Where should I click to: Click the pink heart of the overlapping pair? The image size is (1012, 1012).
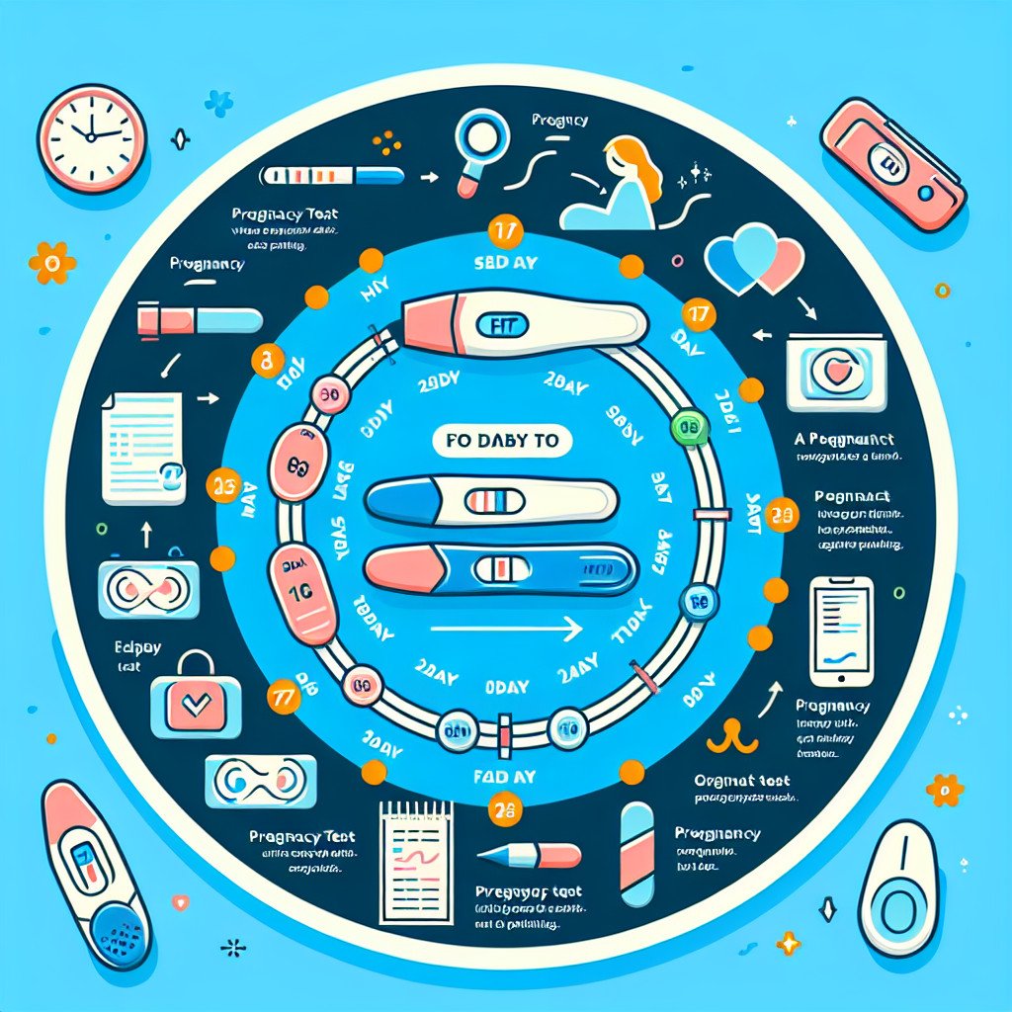(x=779, y=255)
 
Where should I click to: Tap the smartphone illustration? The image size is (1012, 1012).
(x=841, y=631)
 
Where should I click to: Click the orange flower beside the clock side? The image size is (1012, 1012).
(x=45, y=263)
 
